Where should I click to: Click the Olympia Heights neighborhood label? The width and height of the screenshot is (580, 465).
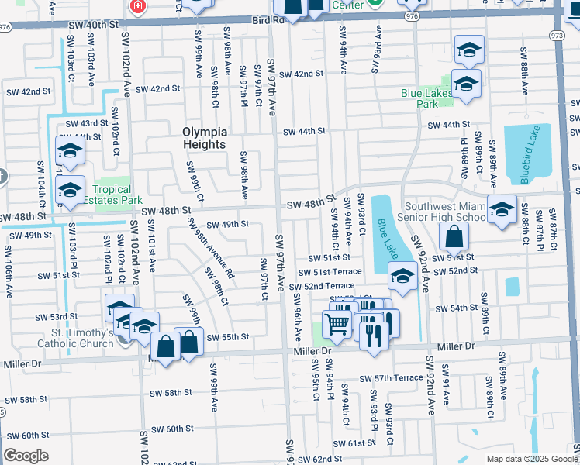[x=205, y=137]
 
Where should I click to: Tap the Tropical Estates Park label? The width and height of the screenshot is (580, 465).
[x=113, y=195]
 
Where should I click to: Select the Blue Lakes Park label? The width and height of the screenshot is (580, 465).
[x=426, y=98]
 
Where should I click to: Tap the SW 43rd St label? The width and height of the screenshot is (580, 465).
[x=86, y=123]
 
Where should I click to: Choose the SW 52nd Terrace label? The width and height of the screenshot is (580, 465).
[x=322, y=287]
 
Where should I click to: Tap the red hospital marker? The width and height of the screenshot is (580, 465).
[x=138, y=6]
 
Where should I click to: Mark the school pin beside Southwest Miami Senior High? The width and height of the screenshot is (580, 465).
[x=501, y=209]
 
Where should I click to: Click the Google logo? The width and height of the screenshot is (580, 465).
[x=26, y=456]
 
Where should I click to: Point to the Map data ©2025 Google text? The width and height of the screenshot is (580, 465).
[x=531, y=459]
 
